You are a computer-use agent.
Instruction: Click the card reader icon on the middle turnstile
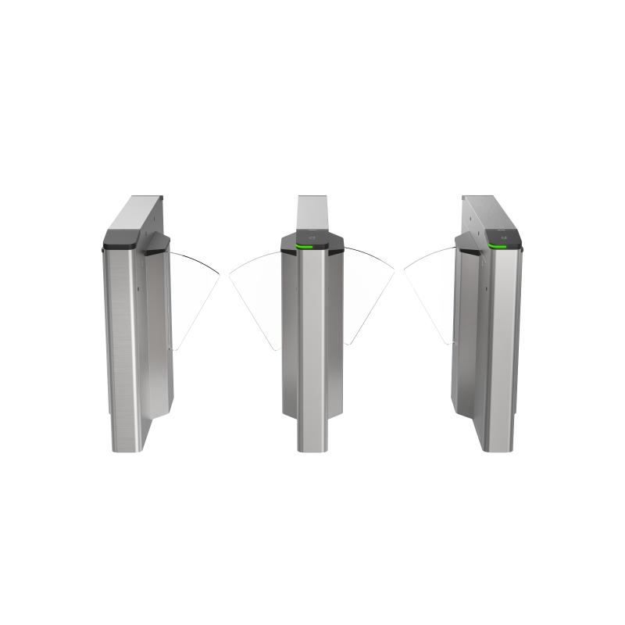[x=312, y=237]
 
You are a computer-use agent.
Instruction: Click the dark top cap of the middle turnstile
[x=312, y=238]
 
